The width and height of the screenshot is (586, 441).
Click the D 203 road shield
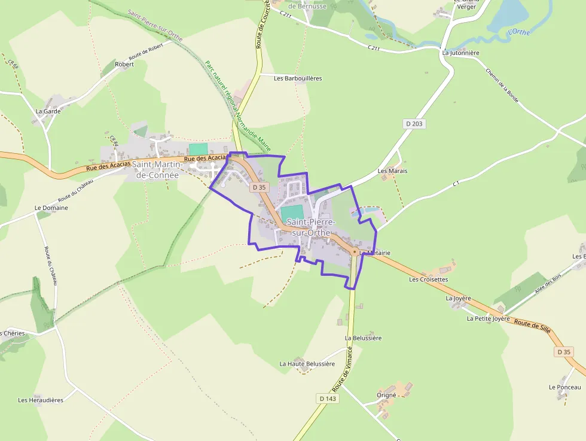(413, 124)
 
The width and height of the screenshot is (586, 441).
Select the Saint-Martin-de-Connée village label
(155, 170)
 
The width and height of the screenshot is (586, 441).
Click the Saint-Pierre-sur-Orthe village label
(310, 227)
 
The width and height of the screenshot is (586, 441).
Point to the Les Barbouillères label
(298, 78)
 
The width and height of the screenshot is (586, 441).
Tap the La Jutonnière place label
(460, 53)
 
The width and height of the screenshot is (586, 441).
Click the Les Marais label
(392, 171)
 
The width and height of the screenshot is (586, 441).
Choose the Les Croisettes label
(428, 279)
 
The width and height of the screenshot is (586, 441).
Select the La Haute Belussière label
(307, 364)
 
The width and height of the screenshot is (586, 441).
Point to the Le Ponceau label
(564, 387)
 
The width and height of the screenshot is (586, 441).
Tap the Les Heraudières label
(41, 400)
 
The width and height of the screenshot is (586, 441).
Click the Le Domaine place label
(51, 208)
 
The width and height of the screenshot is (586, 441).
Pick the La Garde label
(48, 111)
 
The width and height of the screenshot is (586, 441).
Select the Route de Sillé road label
(532, 327)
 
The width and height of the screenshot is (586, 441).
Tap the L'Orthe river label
(518, 32)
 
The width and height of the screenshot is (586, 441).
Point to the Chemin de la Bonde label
(502, 86)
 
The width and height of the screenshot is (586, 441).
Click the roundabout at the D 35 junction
(355, 252)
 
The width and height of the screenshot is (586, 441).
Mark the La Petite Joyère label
(488, 319)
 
